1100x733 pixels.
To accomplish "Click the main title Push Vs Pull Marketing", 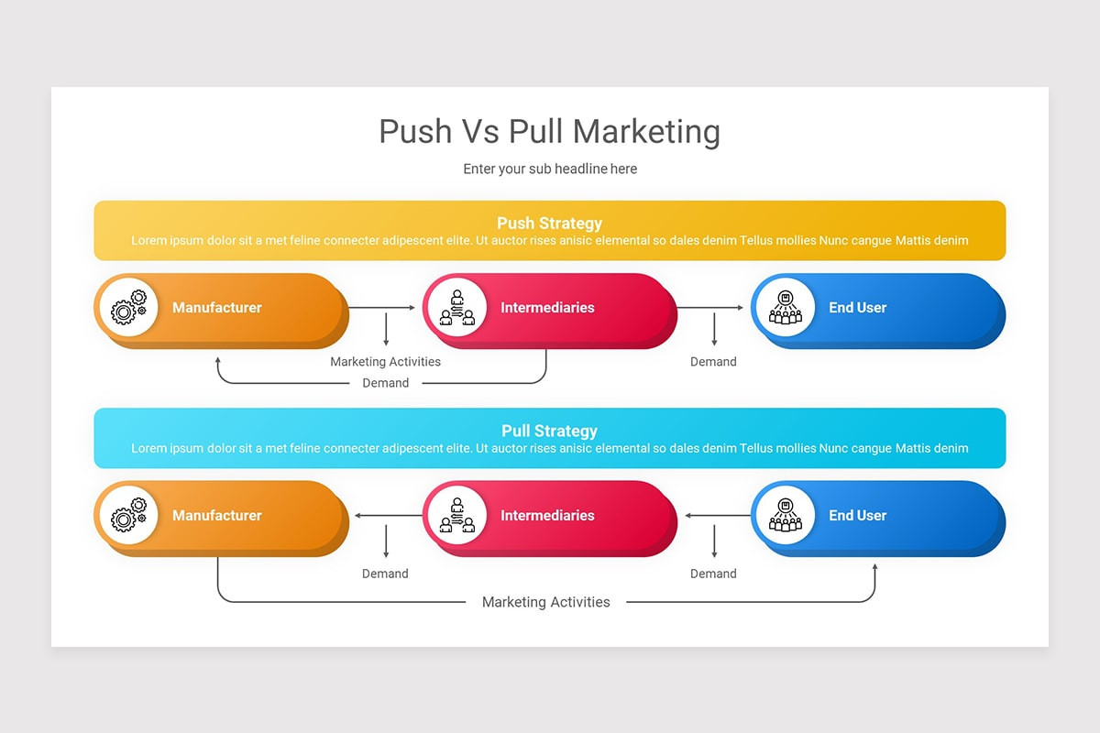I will tap(549, 132).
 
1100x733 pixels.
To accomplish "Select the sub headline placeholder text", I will tap(549, 169).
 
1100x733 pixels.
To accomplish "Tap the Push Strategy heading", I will tap(549, 223).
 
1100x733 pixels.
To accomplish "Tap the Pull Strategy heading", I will tap(549, 431).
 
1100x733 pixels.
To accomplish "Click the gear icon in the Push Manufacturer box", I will tap(127, 308).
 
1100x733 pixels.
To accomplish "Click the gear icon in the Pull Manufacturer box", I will tap(127, 516).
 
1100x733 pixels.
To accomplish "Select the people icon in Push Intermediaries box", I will tap(456, 308).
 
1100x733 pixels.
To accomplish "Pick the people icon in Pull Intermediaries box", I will tap(456, 516).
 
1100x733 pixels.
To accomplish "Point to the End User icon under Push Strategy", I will tap(784, 308).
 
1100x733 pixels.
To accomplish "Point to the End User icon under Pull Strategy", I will tap(784, 516).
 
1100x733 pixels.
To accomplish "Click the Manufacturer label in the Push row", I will tap(217, 308).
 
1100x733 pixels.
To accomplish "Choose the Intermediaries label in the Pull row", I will tap(547, 516).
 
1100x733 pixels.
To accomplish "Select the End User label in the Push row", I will tap(857, 308).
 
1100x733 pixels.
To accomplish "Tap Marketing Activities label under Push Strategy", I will tap(385, 362).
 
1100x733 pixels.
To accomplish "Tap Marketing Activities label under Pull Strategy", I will tap(545, 602).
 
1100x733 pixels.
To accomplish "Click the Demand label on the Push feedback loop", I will tap(385, 383).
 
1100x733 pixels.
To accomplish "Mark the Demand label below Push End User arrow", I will tap(713, 362).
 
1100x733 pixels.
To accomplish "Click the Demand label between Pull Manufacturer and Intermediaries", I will tap(385, 574).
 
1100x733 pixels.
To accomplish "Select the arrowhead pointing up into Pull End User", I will tap(874, 568).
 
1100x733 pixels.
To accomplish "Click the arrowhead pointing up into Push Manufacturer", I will tap(218, 361).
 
